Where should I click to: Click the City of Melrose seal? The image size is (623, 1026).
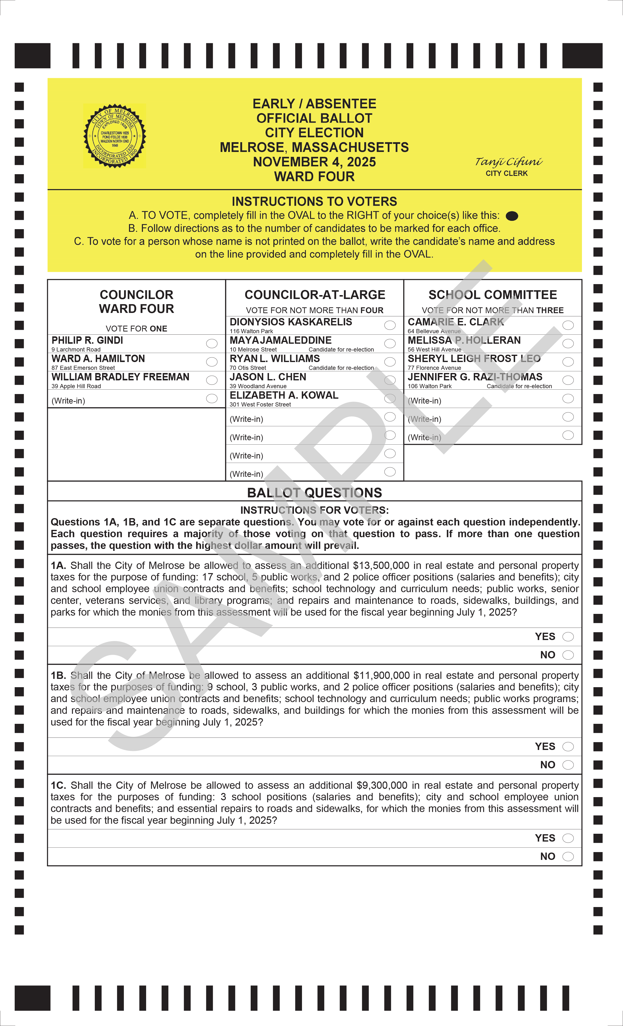115,136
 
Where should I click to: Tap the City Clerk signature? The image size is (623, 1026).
508,161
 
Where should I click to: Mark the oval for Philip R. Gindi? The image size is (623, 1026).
212,343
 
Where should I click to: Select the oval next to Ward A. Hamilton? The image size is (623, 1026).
212,362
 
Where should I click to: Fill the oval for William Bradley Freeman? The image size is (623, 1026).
212,380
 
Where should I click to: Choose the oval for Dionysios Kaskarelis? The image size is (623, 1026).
390,325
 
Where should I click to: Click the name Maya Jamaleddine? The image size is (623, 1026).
280,340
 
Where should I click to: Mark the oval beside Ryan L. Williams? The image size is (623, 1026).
390,362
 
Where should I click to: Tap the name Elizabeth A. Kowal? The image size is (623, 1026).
284,395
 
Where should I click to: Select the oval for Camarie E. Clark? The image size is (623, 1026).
568,325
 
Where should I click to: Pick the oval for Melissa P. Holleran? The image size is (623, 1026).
568,343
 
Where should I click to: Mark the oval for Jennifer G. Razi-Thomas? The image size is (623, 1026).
568,380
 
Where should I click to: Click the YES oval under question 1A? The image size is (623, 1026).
568,637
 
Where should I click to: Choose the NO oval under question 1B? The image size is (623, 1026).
568,765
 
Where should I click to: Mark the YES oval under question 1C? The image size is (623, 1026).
568,838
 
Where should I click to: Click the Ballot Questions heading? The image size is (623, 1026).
314,492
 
